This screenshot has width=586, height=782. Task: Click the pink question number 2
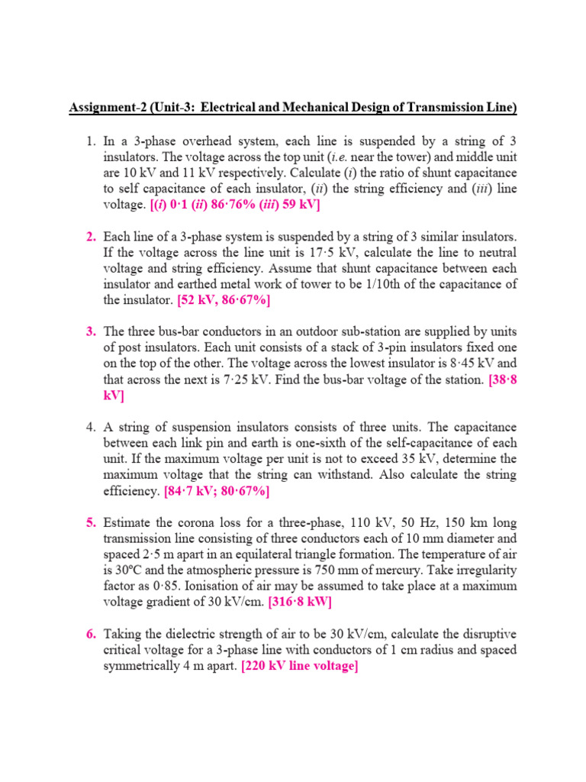click(90, 237)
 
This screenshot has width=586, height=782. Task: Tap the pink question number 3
click(90, 331)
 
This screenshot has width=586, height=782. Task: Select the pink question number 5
click(90, 522)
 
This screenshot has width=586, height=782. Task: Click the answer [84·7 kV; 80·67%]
click(217, 491)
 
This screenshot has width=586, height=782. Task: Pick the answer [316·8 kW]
click(300, 602)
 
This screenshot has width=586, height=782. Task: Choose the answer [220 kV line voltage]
click(300, 666)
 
